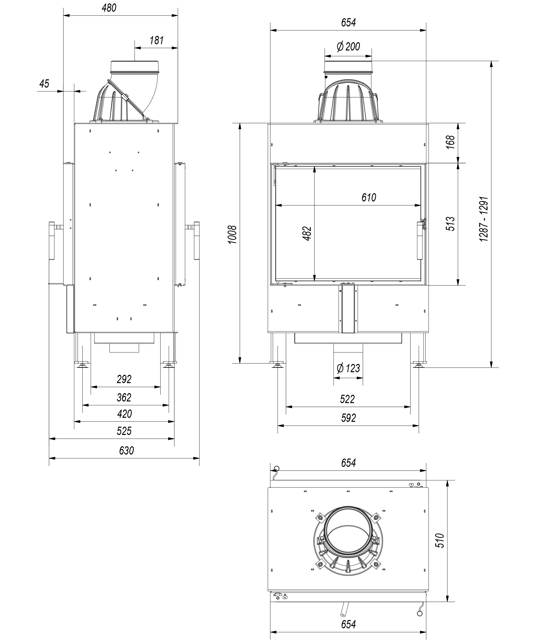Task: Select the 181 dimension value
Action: coord(157,41)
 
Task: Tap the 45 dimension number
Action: coord(44,84)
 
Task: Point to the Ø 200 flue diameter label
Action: coord(348,47)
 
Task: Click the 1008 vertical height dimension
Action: coord(232,234)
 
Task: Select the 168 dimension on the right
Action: coord(450,142)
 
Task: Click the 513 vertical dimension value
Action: coord(450,224)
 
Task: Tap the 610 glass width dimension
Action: coord(368,198)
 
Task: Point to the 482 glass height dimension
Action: coord(307,233)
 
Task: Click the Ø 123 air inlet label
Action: coord(348,368)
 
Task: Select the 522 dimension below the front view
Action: coord(347,399)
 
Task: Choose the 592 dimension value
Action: coord(348,418)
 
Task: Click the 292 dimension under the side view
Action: coord(124,379)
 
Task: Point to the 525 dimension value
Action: coord(124,431)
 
